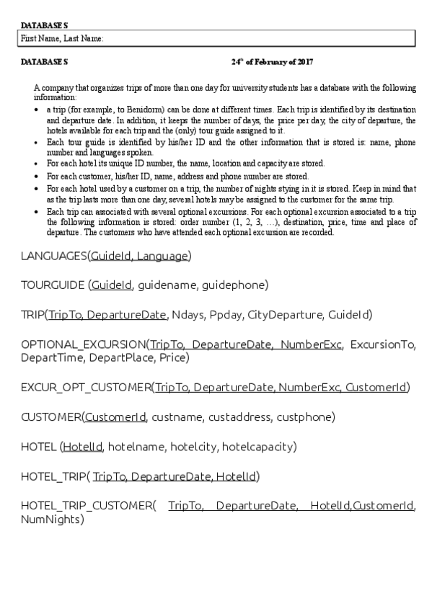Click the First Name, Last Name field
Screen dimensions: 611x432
pos(216,38)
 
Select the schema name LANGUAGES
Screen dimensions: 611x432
pos(54,257)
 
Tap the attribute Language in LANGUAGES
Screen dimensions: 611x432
pos(162,257)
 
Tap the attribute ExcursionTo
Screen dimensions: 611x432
pos(383,344)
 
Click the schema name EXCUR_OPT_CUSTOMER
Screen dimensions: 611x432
pos(86,388)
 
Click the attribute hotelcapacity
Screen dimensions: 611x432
pos(259,447)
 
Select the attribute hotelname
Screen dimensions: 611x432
pos(136,447)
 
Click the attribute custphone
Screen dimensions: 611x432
pos(308,417)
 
